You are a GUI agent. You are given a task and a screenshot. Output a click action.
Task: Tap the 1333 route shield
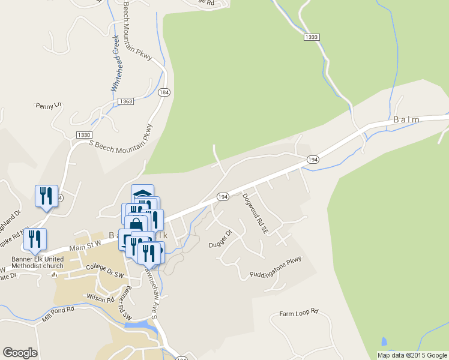click(312, 37)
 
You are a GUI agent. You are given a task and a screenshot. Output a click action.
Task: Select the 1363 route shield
click(125, 101)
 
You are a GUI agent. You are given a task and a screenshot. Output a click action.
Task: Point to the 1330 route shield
click(84, 135)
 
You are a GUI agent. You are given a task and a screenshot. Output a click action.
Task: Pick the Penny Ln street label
click(49, 106)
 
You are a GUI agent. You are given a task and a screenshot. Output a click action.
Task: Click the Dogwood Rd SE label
click(253, 213)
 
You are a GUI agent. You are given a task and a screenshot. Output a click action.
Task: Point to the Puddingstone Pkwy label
click(276, 268)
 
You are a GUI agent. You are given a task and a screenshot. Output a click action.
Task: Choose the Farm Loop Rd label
click(298, 314)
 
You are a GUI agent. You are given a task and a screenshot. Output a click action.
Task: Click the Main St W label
click(85, 243)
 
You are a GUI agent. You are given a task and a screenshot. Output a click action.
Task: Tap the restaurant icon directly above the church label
click(35, 239)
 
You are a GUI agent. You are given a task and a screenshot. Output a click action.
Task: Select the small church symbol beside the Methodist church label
click(54, 275)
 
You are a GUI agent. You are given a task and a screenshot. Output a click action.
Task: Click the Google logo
click(20, 352)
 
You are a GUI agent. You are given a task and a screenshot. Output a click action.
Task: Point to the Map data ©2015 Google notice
click(412, 355)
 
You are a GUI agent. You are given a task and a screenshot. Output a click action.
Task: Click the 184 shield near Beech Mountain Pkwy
click(164, 93)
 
